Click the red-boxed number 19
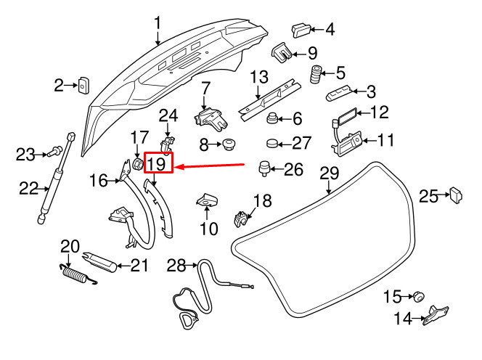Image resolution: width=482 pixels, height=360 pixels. coord(157,164)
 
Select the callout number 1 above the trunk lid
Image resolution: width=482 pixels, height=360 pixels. coord(158,24)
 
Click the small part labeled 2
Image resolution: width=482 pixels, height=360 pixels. coord(83,85)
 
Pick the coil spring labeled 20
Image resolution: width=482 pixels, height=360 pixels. coord(77,275)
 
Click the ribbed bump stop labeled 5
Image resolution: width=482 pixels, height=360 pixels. coord(314,74)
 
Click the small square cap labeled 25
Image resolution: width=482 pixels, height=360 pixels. coord(457,195)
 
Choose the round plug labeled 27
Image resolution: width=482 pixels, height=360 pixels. coord(271,143)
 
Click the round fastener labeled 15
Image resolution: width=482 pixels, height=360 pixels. coord(419,297)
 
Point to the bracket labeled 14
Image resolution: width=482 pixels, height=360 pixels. coord(436,315)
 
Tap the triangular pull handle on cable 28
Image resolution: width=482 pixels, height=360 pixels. coord(187,320)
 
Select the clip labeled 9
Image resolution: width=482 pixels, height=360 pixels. coord(282,52)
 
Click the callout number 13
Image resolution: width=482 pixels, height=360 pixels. coord(259,77)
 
